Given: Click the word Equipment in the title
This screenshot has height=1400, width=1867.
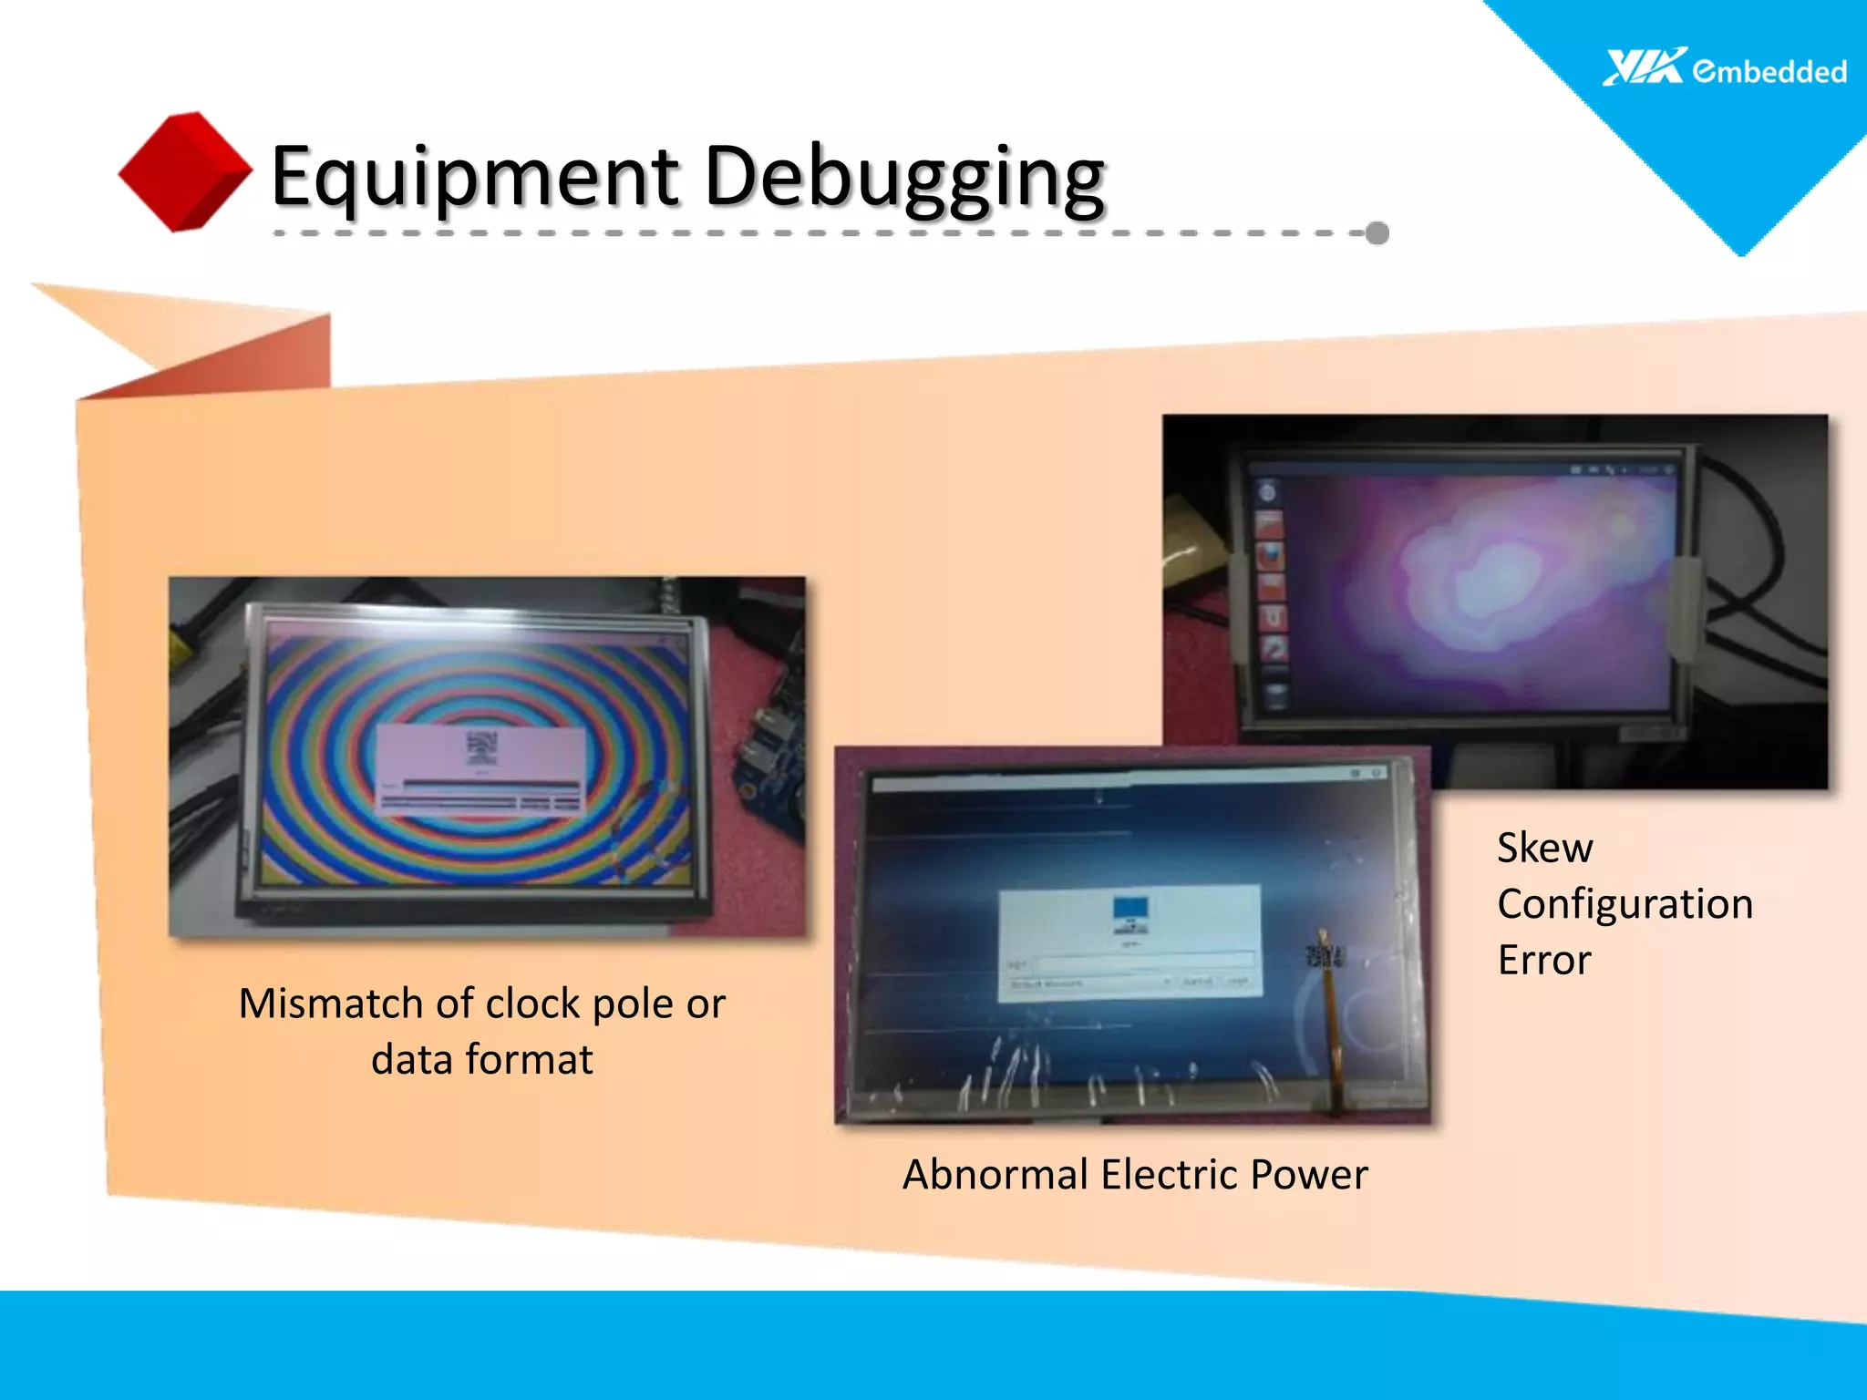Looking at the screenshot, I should pos(474,177).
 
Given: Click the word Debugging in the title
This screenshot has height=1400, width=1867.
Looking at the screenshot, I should pos(905,177).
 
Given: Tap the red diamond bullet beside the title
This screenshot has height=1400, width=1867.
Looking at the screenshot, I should pos(185,171).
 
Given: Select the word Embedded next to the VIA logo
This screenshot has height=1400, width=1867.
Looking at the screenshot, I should pos(1769,71).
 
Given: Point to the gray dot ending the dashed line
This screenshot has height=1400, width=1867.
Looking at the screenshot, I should pos(1377,233).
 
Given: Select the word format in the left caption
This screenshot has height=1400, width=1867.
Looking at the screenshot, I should pos(529,1060).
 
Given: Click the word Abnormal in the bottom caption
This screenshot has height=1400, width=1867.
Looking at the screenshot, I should pos(995,1174).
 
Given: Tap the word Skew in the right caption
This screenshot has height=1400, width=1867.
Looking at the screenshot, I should pos(1545,848).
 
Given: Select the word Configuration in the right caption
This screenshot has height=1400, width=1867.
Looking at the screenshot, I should pos(1625,904).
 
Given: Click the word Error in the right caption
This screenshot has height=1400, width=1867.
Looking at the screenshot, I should pos(1544,960).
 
